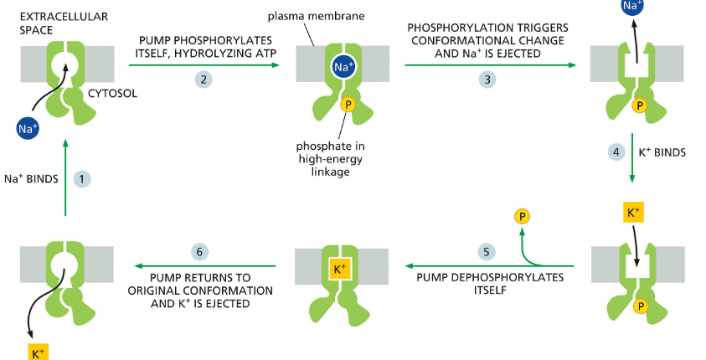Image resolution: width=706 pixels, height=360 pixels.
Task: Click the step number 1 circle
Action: click(81, 178)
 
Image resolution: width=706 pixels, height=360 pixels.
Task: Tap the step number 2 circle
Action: click(202, 79)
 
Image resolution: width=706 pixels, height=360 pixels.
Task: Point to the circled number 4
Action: click(616, 152)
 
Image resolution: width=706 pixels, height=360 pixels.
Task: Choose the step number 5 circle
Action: click(484, 250)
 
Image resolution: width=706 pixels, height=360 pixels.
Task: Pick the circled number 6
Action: click(200, 250)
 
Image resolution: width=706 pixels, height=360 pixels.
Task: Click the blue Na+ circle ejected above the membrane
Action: click(632, 7)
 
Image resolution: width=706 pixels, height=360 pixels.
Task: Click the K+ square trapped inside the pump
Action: click(339, 270)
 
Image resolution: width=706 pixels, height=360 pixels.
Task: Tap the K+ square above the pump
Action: click(632, 213)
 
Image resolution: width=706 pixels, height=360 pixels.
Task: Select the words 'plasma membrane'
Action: click(303, 17)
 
